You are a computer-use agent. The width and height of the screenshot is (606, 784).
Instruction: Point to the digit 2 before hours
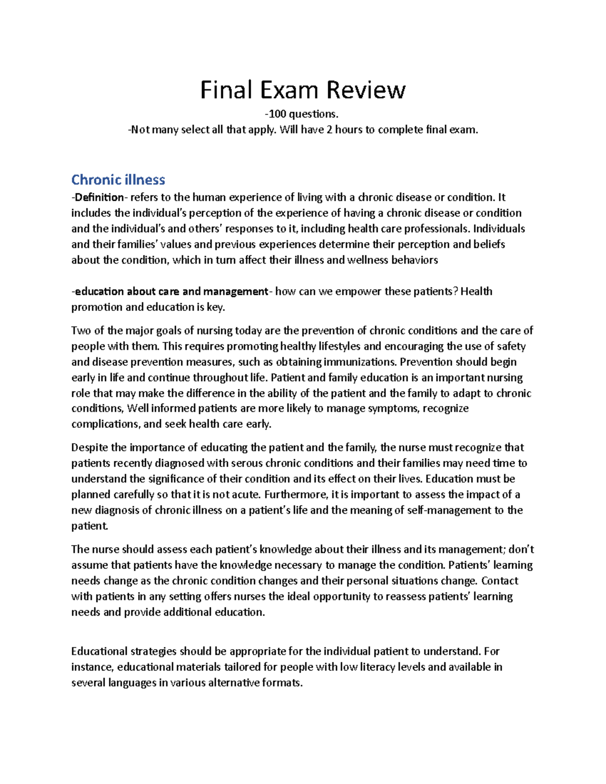pyautogui.click(x=330, y=130)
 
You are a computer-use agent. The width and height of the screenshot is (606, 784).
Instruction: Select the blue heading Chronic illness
pyautogui.click(x=118, y=180)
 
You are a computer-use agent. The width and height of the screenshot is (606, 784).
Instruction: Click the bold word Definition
pyautogui.click(x=99, y=197)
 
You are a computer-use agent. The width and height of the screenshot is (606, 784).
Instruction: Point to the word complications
pyautogui.click(x=105, y=424)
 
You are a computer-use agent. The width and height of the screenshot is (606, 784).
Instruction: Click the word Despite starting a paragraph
pyautogui.click(x=89, y=448)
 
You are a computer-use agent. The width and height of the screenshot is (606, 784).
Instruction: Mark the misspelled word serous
pyautogui.click(x=247, y=463)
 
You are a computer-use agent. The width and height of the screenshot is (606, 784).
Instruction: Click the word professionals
pyautogui.click(x=436, y=229)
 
